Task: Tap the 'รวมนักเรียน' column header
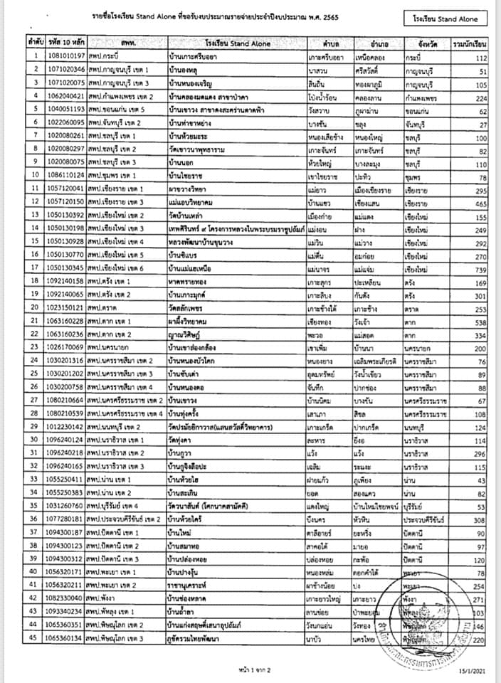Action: pyautogui.click(x=470, y=43)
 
